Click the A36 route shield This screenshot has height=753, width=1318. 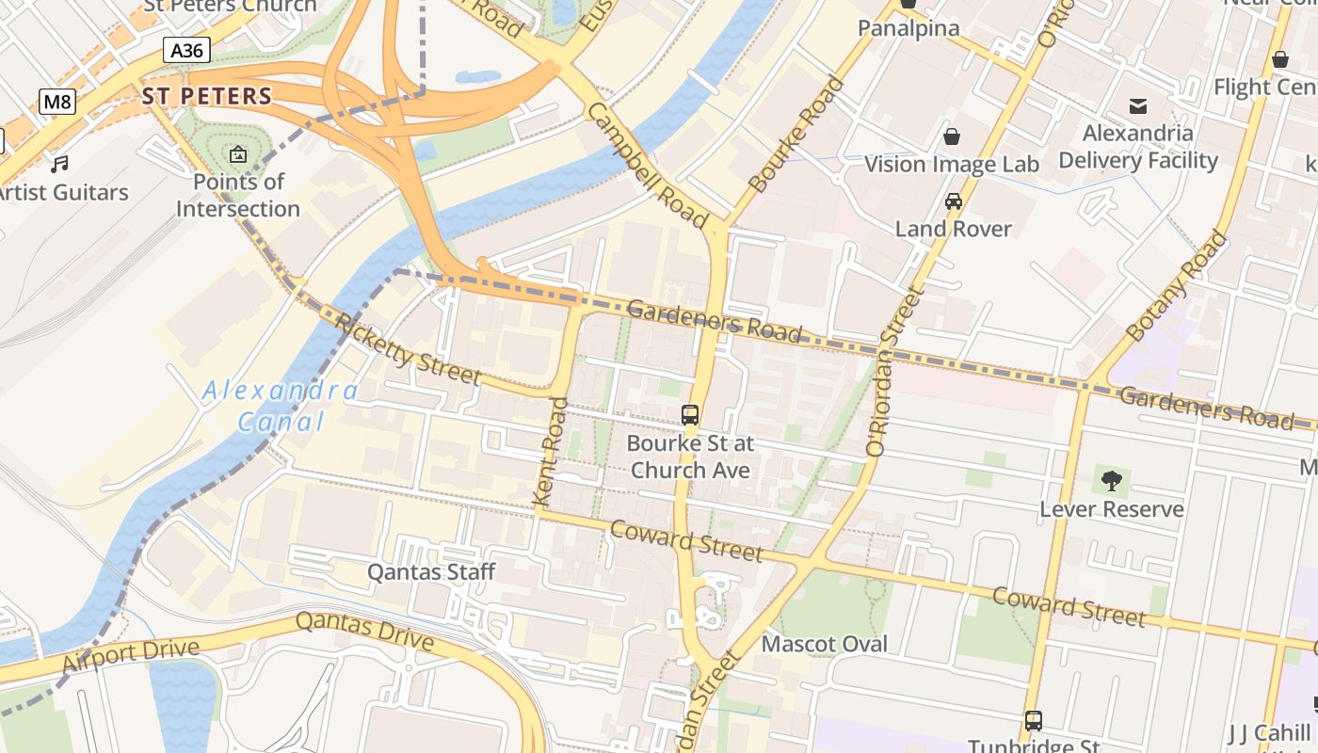coord(186,50)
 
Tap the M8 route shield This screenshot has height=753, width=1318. coord(57,102)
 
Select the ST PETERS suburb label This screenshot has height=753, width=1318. coord(207,96)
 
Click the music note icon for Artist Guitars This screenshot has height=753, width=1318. coord(60,165)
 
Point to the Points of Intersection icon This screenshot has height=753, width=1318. coord(238,154)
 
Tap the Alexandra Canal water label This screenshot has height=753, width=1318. coord(281,406)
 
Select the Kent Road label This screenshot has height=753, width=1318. coord(552,453)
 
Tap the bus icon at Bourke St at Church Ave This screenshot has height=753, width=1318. coord(690,415)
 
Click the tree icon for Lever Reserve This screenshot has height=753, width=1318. coord(1112,481)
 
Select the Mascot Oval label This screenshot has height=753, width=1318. coord(824,645)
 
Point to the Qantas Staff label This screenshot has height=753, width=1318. coord(431,572)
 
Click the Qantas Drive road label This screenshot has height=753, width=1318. coord(364,632)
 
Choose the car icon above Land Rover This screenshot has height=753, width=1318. coord(953,201)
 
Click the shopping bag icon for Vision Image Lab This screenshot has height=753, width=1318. coord(952,137)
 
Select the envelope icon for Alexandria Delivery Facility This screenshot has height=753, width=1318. coord(1138,105)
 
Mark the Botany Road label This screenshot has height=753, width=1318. coord(1176,284)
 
